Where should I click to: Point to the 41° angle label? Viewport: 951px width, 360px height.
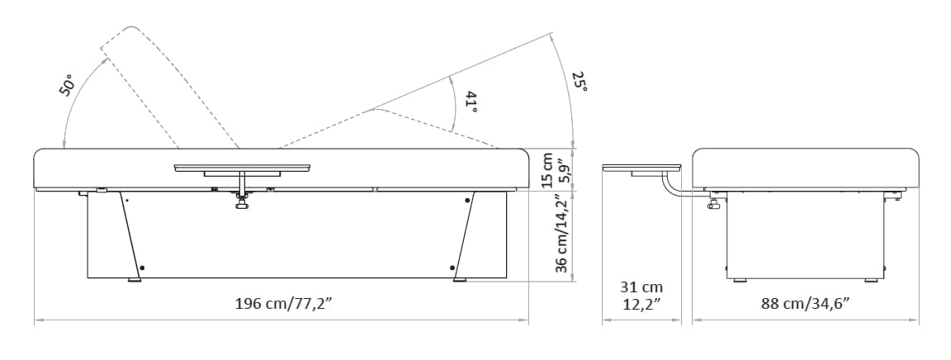coord(471,103)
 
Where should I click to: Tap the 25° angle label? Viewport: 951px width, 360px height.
coord(580,82)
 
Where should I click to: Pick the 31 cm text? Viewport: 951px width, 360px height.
coord(641,287)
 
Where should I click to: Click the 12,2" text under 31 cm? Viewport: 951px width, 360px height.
coord(641,304)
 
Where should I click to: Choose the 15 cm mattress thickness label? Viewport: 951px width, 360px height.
coord(546,169)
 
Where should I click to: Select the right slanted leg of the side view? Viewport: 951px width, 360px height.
coord(463,234)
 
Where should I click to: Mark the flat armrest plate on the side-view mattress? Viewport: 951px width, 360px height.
coord(242,168)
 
